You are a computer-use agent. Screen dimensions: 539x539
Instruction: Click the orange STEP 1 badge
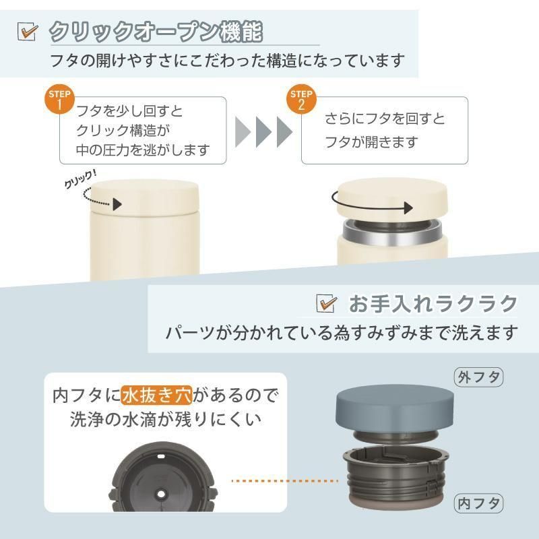click(x=60, y=99)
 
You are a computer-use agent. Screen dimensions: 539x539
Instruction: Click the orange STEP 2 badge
click(x=301, y=99)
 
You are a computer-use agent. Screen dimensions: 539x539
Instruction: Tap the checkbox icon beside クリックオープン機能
click(x=28, y=32)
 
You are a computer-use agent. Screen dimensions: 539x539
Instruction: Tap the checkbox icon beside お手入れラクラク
click(x=327, y=304)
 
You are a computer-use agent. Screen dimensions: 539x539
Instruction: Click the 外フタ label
click(x=479, y=377)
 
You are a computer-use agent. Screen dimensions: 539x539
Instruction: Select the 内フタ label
click(x=479, y=503)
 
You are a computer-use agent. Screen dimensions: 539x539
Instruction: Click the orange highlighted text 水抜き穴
click(x=157, y=395)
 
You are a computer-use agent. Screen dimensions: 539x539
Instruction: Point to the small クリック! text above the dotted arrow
click(x=80, y=179)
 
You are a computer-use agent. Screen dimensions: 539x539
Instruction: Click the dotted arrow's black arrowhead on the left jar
click(x=117, y=204)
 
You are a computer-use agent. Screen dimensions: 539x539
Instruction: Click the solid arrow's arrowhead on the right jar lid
click(x=408, y=208)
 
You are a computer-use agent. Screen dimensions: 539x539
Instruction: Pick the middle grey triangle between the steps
click(x=263, y=132)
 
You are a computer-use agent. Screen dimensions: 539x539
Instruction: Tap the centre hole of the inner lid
click(x=161, y=495)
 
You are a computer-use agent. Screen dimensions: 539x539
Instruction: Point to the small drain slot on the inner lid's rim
click(x=161, y=457)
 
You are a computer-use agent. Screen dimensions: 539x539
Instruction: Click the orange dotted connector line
click(x=285, y=481)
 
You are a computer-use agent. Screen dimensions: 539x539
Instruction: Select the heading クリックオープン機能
click(x=156, y=32)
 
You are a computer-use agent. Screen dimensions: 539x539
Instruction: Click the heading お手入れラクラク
click(x=433, y=304)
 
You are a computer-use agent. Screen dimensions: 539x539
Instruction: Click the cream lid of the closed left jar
click(x=145, y=197)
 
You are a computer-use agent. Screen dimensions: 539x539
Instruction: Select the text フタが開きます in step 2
click(x=372, y=141)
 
